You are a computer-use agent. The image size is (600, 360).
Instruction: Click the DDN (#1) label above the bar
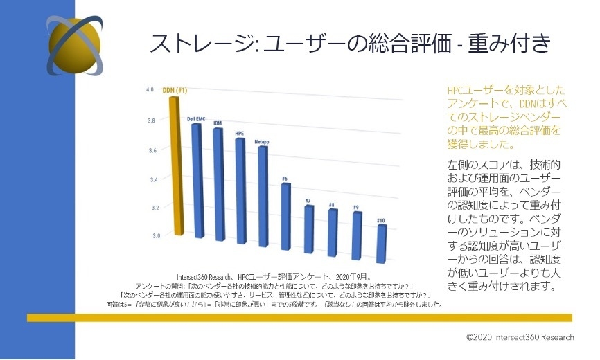click(x=175, y=91)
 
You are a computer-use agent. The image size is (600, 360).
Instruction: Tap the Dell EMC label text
click(x=196, y=119)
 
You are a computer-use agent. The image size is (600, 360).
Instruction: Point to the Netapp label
click(x=262, y=142)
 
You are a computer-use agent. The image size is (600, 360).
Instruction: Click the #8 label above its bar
click(x=332, y=205)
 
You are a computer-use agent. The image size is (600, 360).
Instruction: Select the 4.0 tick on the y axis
click(x=150, y=90)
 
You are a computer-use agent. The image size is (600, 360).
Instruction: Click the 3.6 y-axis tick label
click(x=151, y=150)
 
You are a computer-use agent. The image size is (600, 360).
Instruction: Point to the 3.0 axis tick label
click(x=153, y=236)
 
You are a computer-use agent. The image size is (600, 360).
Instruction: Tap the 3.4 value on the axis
click(x=152, y=179)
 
